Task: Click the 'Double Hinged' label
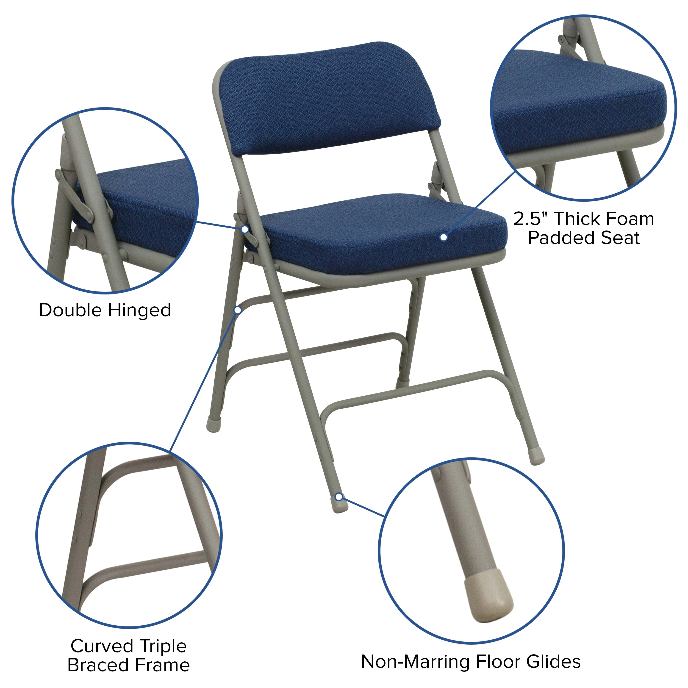click(105, 310)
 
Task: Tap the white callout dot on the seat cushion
click(443, 237)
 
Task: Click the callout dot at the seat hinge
click(245, 229)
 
